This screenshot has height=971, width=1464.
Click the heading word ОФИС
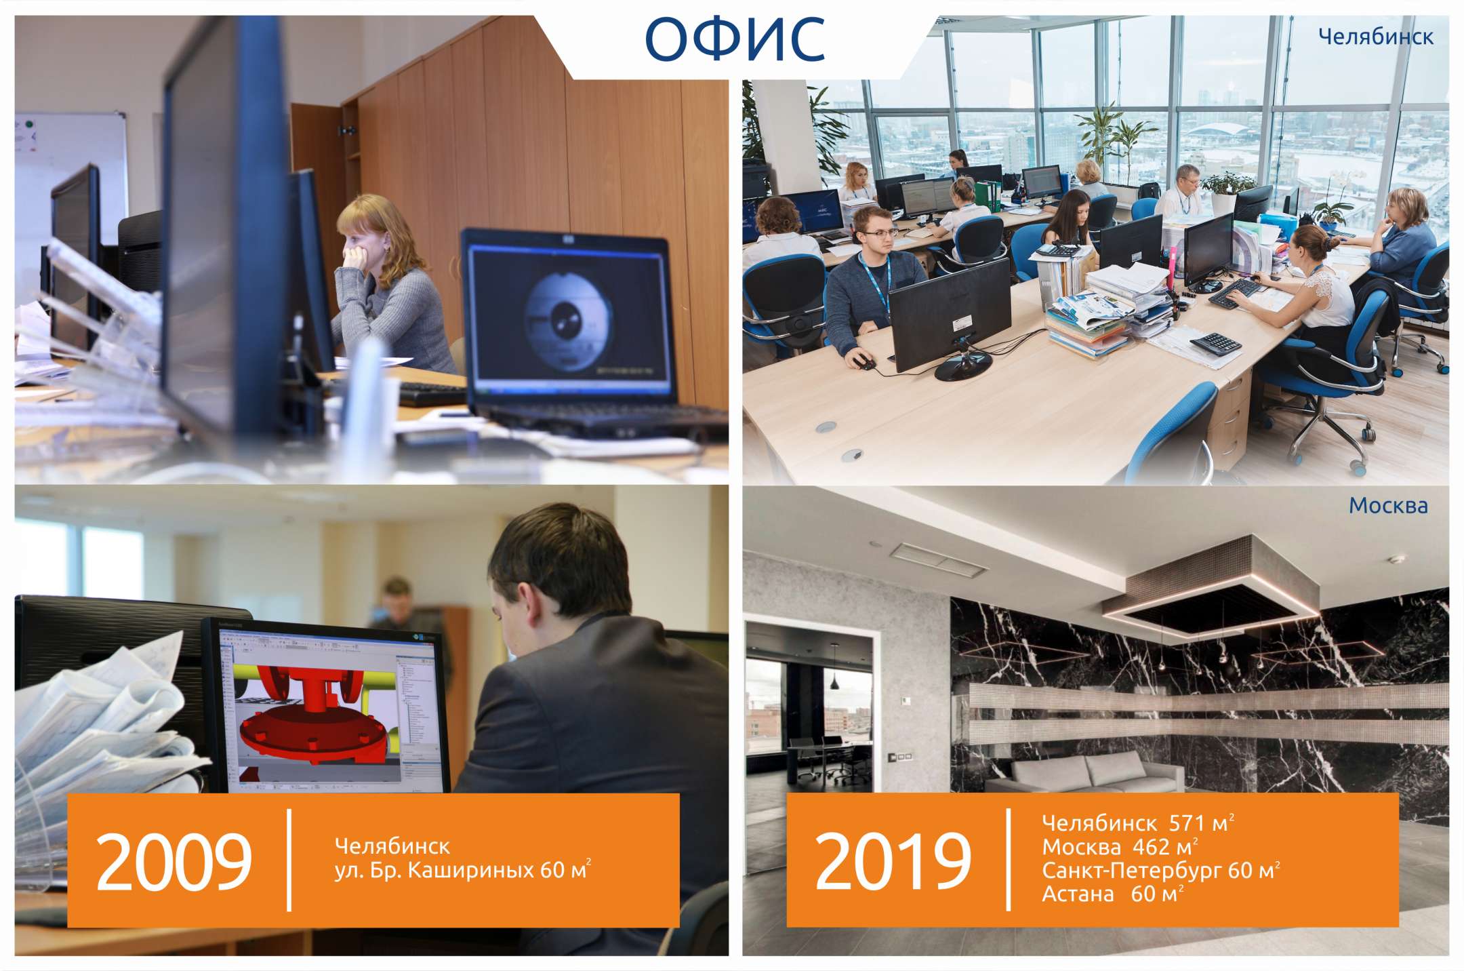click(x=735, y=39)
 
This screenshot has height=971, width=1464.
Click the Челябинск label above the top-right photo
click(x=1376, y=37)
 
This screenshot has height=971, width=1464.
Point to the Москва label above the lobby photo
click(x=1388, y=505)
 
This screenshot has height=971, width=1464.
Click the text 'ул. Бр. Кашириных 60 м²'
click(x=463, y=869)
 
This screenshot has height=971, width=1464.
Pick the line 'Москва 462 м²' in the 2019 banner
click(x=1120, y=847)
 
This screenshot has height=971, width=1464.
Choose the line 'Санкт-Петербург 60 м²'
click(x=1161, y=870)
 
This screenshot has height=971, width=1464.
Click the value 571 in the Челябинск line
click(x=1186, y=823)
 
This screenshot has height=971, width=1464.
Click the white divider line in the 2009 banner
click(x=290, y=860)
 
